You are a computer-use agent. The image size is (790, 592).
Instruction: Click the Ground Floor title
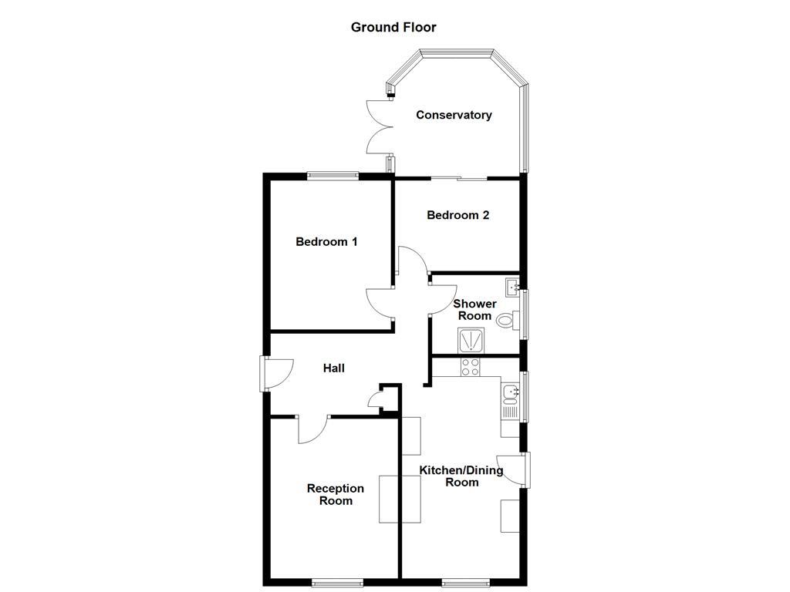click(x=393, y=28)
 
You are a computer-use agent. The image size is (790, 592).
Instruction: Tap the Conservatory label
click(x=454, y=115)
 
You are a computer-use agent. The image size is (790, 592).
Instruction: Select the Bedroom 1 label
click(x=326, y=241)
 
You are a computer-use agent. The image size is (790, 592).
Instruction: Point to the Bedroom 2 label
click(x=457, y=215)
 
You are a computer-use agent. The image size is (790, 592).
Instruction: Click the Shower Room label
click(x=474, y=310)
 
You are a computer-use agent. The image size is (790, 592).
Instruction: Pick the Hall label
click(x=333, y=368)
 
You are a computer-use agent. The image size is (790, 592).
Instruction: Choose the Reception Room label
click(x=335, y=494)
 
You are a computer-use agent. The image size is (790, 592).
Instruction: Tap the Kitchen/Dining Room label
click(x=461, y=476)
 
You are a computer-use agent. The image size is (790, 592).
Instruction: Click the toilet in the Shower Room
click(x=506, y=319)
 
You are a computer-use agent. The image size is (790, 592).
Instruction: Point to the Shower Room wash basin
click(x=511, y=288)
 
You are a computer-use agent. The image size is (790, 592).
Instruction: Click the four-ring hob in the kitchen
click(x=471, y=367)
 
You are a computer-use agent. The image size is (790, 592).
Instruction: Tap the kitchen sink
click(x=510, y=395)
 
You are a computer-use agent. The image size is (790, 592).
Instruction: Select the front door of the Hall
click(x=275, y=374)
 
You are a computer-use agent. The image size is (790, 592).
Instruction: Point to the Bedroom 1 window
click(x=333, y=176)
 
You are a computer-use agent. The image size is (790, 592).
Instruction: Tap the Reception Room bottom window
click(x=337, y=581)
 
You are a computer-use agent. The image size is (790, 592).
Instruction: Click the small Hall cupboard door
click(x=376, y=400)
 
